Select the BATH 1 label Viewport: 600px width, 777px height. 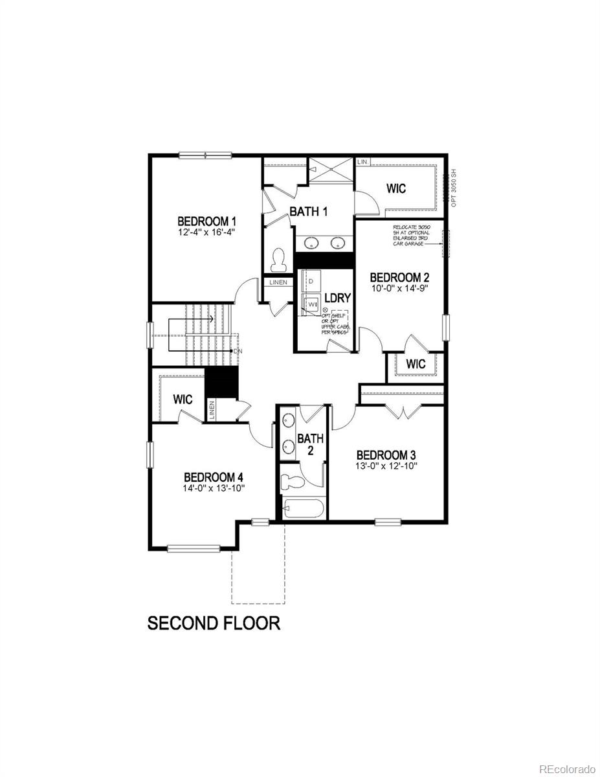tap(309, 211)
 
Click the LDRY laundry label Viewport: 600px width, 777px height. tap(337, 298)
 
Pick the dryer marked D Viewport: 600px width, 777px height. tap(311, 281)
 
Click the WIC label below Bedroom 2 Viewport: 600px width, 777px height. tap(416, 364)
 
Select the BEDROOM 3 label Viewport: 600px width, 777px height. tap(383, 455)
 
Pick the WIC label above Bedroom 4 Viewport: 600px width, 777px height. tap(183, 400)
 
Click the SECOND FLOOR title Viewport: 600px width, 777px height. tap(214, 623)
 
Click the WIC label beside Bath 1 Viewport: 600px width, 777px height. tap(396, 188)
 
